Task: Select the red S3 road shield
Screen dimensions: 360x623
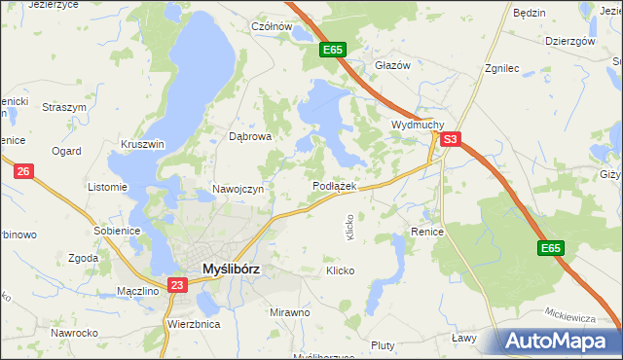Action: tap(449, 140)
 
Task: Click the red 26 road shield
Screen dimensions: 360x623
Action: tap(24, 171)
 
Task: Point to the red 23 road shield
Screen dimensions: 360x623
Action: tap(176, 285)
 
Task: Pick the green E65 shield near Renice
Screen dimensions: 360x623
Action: tap(550, 249)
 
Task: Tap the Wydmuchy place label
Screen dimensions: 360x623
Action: tap(418, 126)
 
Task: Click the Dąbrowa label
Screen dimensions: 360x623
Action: tap(249, 137)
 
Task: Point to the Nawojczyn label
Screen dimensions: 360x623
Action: tap(238, 189)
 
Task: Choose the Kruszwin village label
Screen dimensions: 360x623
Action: tap(142, 144)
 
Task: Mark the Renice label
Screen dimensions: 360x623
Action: tap(427, 233)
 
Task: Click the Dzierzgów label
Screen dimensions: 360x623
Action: tap(570, 42)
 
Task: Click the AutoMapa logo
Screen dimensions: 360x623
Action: tap(559, 342)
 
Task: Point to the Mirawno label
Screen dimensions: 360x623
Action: tap(289, 312)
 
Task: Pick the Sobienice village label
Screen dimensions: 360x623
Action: tap(117, 231)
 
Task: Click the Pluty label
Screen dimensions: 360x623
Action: tap(383, 345)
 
